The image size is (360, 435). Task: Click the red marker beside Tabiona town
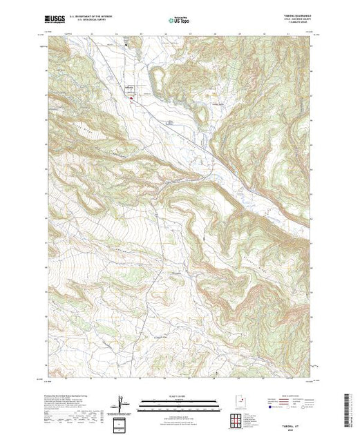click(x=131, y=97)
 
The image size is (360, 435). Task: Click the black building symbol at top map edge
click(x=126, y=43)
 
